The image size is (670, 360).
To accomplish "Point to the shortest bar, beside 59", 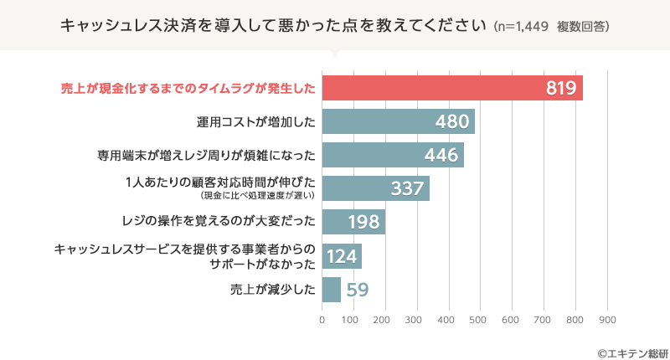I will (332, 290).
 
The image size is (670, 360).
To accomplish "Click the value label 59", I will (358, 291).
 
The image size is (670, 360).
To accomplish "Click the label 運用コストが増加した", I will (255, 121).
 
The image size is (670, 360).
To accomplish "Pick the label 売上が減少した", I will (272, 290).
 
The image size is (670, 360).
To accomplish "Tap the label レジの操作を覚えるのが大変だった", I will (218, 222).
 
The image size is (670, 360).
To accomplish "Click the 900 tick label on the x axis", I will (606, 319).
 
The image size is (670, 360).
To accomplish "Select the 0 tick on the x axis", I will (322, 319).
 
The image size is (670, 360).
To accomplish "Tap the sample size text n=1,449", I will (523, 27).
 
